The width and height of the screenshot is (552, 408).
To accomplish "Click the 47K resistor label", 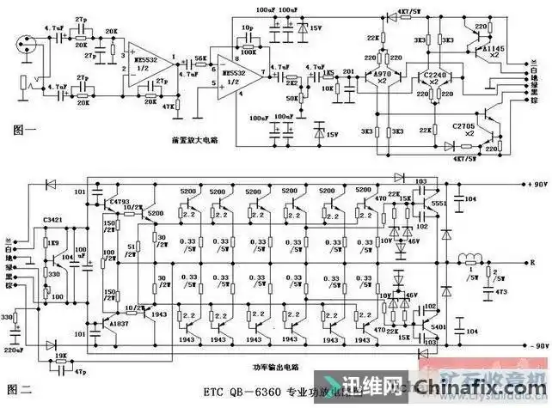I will [169, 107].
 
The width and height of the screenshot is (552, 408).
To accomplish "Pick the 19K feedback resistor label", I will [61, 356].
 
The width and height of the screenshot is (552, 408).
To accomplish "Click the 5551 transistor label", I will [439, 204].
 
